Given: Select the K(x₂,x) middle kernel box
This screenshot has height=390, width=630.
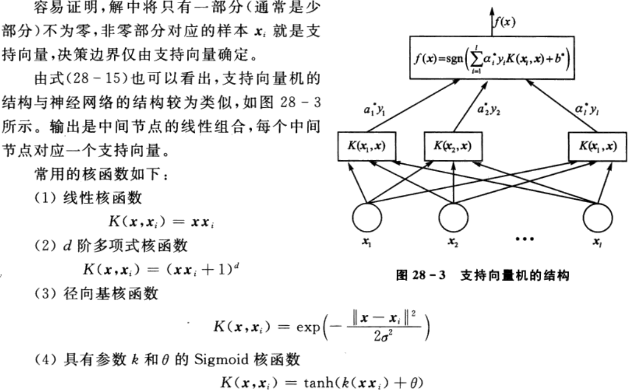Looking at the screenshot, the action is (x=453, y=147).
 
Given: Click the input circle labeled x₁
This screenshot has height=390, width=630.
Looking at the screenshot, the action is (x=367, y=217).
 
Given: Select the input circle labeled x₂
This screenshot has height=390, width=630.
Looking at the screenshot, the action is (x=453, y=217).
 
